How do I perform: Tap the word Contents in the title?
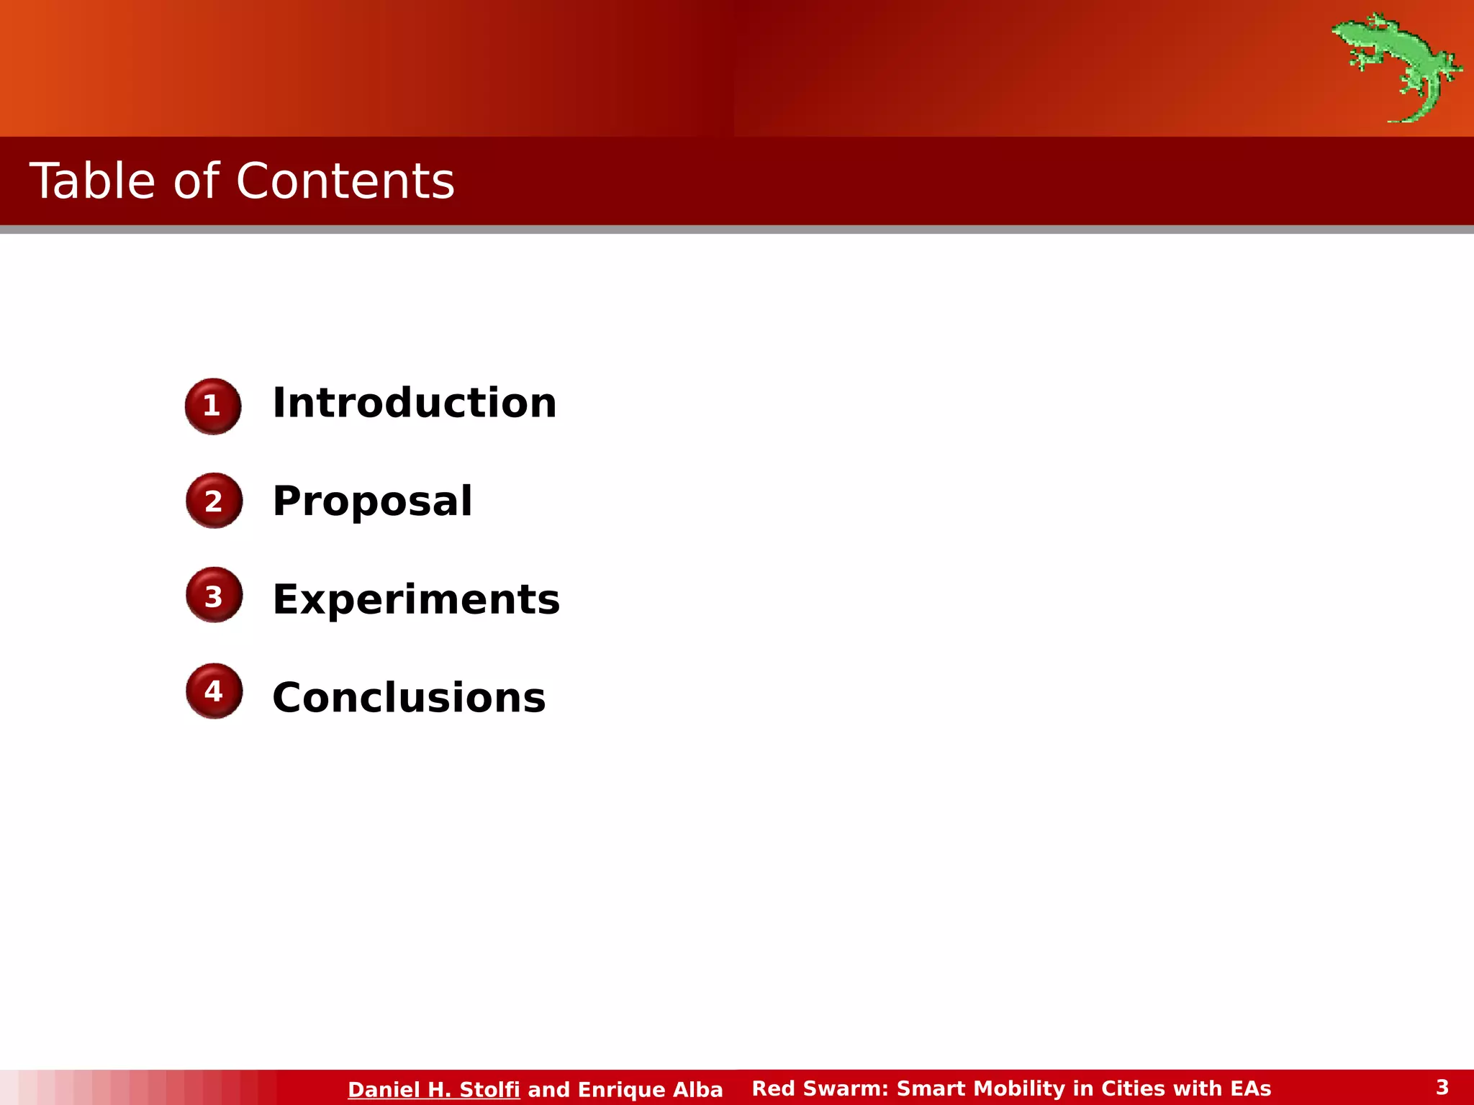[x=345, y=181]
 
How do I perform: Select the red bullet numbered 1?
[x=213, y=406]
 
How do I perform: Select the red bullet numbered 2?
[x=214, y=501]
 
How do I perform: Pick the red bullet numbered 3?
[x=214, y=596]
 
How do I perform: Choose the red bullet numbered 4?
[x=214, y=691]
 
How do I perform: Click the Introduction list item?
[x=415, y=403]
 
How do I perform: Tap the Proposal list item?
[x=372, y=501]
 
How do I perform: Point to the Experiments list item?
[x=416, y=599]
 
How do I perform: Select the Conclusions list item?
[x=409, y=698]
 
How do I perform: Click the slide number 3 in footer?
[x=1442, y=1087]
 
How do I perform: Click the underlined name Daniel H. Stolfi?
[x=433, y=1089]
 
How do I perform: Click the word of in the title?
[x=195, y=181]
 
